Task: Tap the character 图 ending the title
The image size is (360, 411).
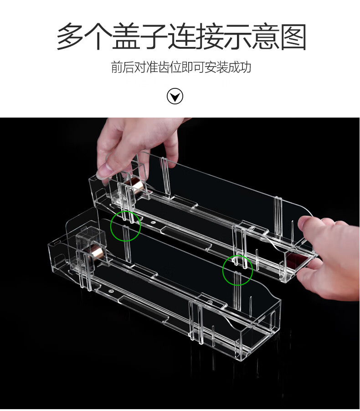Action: click(293, 36)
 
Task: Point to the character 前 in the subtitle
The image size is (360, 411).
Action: click(116, 67)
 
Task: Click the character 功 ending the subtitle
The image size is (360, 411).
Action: click(246, 67)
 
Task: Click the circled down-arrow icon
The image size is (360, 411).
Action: click(175, 97)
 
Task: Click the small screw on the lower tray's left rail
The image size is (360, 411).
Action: click(111, 290)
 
